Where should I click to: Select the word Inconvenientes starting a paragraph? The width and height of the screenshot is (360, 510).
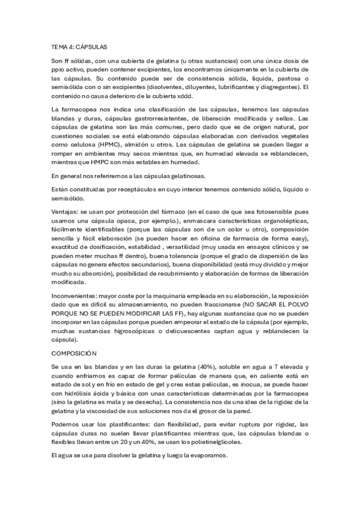point(75,295)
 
